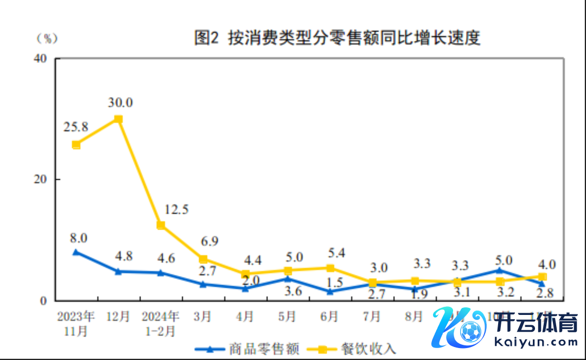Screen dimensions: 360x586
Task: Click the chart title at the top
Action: coord(337,38)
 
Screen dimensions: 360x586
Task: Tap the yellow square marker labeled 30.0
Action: coord(118,119)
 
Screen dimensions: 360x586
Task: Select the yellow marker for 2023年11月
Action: coord(76,144)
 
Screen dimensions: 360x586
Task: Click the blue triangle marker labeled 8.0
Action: coord(76,252)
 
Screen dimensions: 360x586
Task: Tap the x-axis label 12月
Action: coord(118,317)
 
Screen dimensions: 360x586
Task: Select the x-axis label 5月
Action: coord(287,317)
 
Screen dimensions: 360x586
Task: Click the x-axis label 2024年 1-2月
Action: coord(160,323)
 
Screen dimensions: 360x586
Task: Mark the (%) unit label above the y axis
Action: coord(47,39)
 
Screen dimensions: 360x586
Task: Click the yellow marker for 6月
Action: coord(330,268)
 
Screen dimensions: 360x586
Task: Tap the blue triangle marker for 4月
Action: coord(245,288)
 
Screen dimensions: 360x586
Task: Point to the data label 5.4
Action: coord(336,252)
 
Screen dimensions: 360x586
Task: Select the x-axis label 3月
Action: coord(202,317)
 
